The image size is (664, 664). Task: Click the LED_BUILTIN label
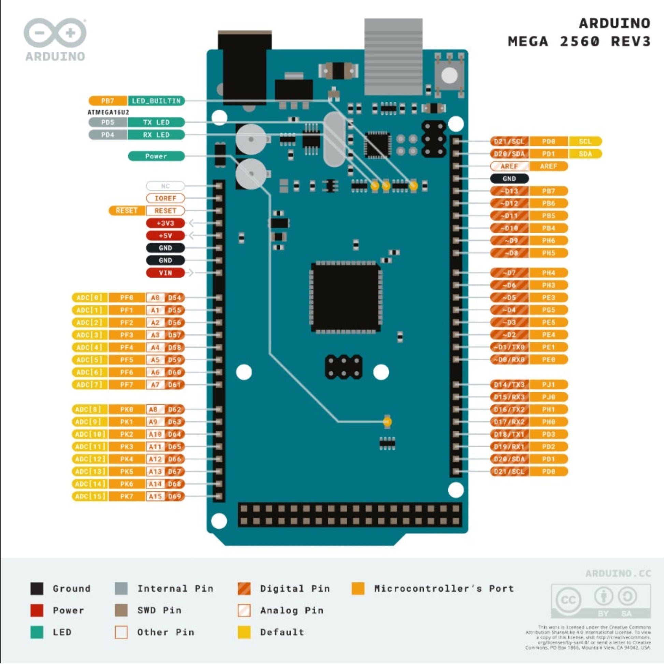[x=156, y=101]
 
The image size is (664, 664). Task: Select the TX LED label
[x=156, y=122]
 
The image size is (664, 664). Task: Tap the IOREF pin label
[x=165, y=198]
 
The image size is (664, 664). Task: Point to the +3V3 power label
[x=165, y=223]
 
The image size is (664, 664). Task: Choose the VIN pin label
[x=165, y=273]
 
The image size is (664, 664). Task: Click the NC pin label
[x=165, y=186]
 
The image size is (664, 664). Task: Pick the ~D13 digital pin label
[x=509, y=191]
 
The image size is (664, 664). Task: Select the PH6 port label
[x=549, y=241]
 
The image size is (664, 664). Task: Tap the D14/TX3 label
[x=509, y=385]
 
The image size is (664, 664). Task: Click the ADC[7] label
[x=89, y=385]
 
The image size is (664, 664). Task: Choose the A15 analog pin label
[x=155, y=496]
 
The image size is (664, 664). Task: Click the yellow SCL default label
[x=585, y=141]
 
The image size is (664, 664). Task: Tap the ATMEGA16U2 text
[x=108, y=112]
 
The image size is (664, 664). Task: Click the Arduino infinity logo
[x=55, y=33]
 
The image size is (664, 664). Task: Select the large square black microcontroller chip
[x=346, y=298]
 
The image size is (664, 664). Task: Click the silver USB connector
[x=393, y=57]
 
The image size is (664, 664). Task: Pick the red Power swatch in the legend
[x=37, y=610]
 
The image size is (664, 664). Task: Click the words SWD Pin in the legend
[x=159, y=610]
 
